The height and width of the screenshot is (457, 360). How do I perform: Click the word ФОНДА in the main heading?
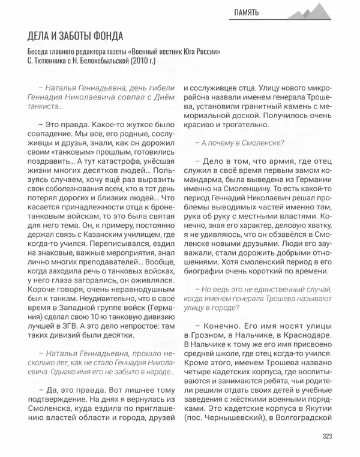103,37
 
